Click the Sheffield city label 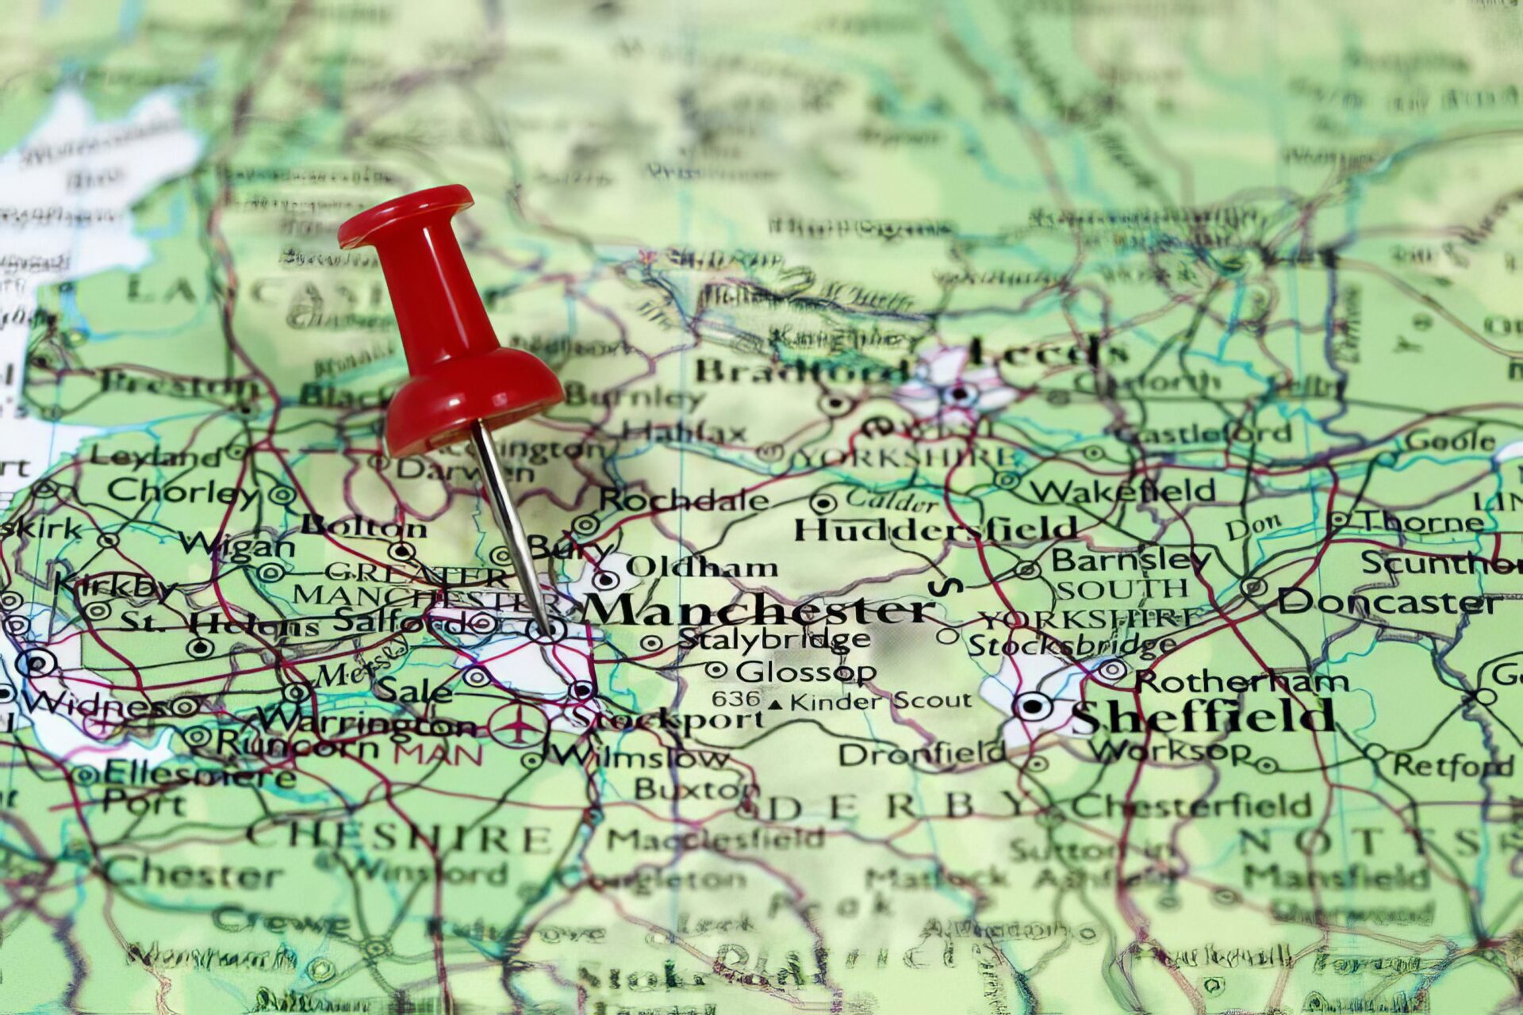pyautogui.click(x=1202, y=718)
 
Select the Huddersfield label pyautogui.click(x=936, y=528)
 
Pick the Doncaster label pyautogui.click(x=1388, y=603)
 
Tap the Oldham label pyautogui.click(x=702, y=567)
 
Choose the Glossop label pyautogui.click(x=805, y=672)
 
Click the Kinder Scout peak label pyautogui.click(x=880, y=701)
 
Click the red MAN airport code pyautogui.click(x=438, y=754)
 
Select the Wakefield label pyautogui.click(x=1122, y=492)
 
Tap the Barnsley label pyautogui.click(x=1130, y=560)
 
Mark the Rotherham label pyautogui.click(x=1241, y=681)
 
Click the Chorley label pyautogui.click(x=182, y=492)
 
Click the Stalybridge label pyautogui.click(x=773, y=638)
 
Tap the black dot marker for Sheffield pyautogui.click(x=1033, y=705)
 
